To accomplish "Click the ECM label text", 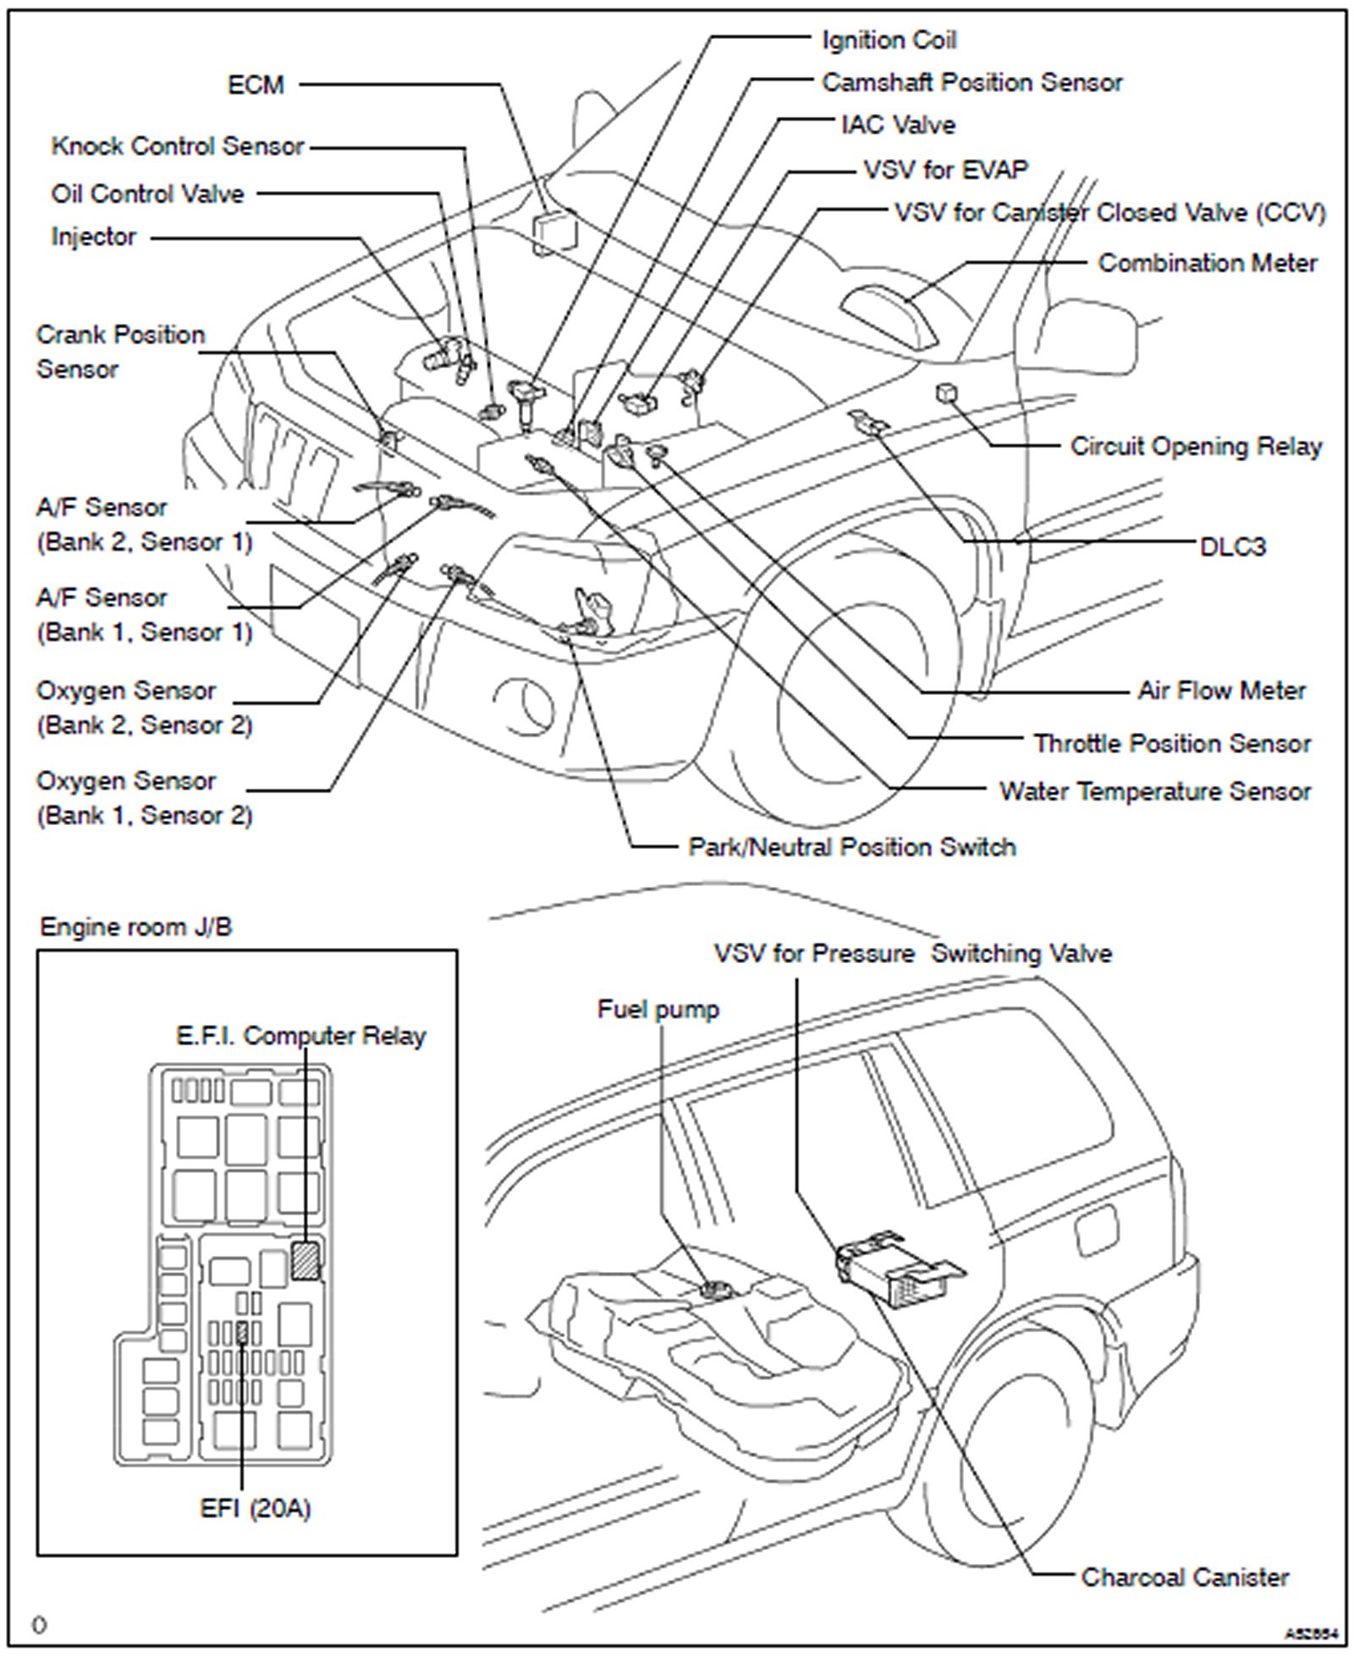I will pyautogui.click(x=256, y=85).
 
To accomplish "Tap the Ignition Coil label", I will pyautogui.click(x=889, y=41).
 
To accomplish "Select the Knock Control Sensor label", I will pyautogui.click(x=177, y=146).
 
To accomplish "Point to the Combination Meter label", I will pyautogui.click(x=1207, y=263).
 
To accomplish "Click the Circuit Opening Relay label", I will pyautogui.click(x=1196, y=446).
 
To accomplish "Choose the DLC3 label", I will pyautogui.click(x=1232, y=547).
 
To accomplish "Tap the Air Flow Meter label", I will pyautogui.click(x=1221, y=691).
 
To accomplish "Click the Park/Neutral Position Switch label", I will pyautogui.click(x=851, y=847).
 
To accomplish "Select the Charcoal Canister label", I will pyautogui.click(x=1185, y=1577).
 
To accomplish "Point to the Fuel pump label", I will pyautogui.click(x=658, y=1009).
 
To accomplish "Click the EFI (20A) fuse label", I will pyautogui.click(x=256, y=1508).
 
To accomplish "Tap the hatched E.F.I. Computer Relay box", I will pyautogui.click(x=305, y=1260).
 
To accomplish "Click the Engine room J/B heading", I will pyautogui.click(x=135, y=927).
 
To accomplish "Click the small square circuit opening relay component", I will pyautogui.click(x=946, y=393).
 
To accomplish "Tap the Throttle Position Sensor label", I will pyautogui.click(x=1171, y=743).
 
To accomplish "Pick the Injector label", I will pyautogui.click(x=93, y=236).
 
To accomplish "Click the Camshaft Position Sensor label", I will pyautogui.click(x=971, y=83).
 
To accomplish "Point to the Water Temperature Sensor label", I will pyautogui.click(x=1154, y=791).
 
